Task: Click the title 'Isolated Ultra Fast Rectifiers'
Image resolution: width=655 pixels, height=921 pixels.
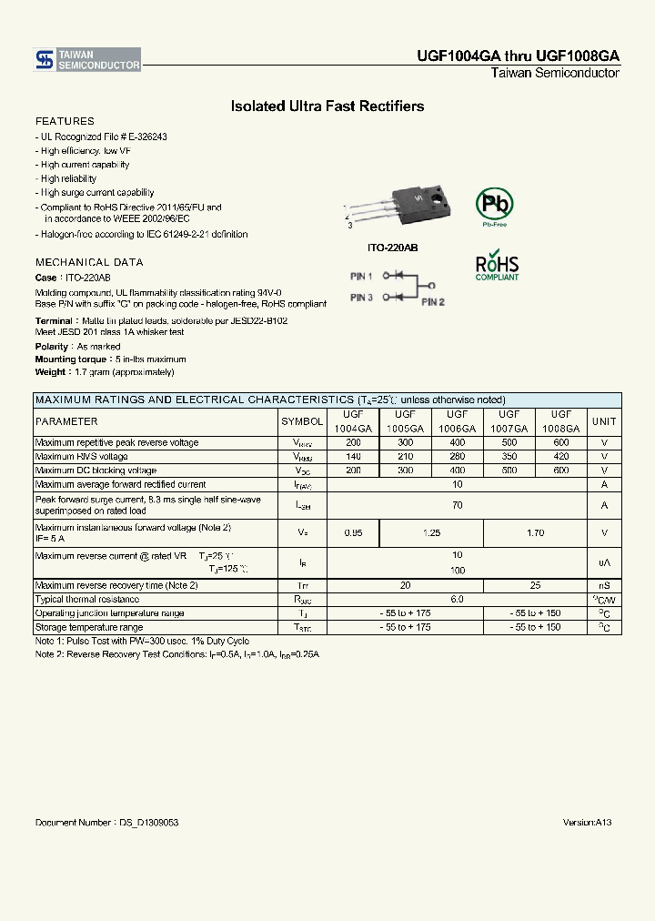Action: coord(327,106)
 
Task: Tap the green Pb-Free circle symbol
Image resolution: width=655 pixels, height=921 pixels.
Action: coord(494,205)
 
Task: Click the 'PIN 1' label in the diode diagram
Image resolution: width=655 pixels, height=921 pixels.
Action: coord(361,276)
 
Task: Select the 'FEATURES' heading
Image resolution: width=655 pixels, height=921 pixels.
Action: coord(65,121)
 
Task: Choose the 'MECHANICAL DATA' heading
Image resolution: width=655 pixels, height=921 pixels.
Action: coord(89,262)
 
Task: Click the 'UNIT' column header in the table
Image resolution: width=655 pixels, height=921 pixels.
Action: coord(604,421)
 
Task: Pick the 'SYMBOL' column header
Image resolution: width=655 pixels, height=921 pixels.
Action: coord(302,421)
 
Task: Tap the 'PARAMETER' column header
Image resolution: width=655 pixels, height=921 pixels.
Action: coord(66,421)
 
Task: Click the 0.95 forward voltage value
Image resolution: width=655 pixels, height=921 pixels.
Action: coord(353,532)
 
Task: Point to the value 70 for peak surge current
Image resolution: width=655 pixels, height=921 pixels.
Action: coord(457,504)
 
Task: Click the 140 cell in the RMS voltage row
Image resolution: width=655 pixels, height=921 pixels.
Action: coord(353,457)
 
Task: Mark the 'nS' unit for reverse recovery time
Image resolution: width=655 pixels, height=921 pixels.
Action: coord(604,585)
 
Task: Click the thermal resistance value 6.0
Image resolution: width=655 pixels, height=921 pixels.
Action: coord(457,599)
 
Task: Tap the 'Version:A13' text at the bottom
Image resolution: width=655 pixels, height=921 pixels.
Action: coord(587,822)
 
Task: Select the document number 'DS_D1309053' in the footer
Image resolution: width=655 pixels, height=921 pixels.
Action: coord(148,822)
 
